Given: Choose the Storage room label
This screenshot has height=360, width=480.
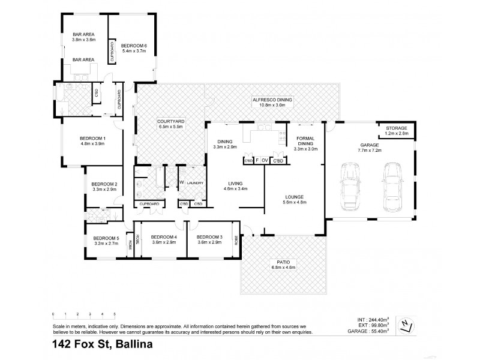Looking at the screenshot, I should point(396,128).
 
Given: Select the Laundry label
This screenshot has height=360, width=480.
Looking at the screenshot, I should point(195,182).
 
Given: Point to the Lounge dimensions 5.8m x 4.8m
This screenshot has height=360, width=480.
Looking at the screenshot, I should point(295,202).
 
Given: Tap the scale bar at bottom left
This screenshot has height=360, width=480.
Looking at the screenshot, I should point(83,315).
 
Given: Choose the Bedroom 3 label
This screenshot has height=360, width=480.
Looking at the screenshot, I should point(209,236).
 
